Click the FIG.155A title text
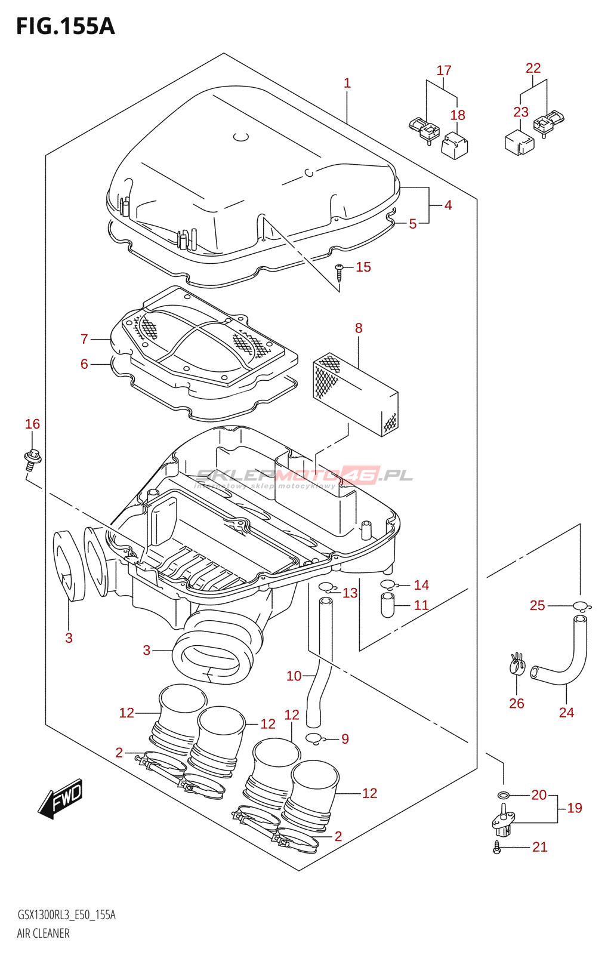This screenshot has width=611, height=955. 66,26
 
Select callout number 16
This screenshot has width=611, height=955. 32,424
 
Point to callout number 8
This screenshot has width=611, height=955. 359,328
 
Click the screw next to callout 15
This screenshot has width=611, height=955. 339,272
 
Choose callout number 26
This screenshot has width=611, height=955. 516,703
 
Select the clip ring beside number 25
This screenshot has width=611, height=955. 582,605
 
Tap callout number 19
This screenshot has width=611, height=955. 575,808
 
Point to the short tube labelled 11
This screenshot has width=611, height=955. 388,605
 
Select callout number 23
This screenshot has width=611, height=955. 521,112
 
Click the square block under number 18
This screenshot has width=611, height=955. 454,146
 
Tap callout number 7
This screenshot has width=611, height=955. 84,339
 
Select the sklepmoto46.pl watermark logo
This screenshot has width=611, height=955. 304,478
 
